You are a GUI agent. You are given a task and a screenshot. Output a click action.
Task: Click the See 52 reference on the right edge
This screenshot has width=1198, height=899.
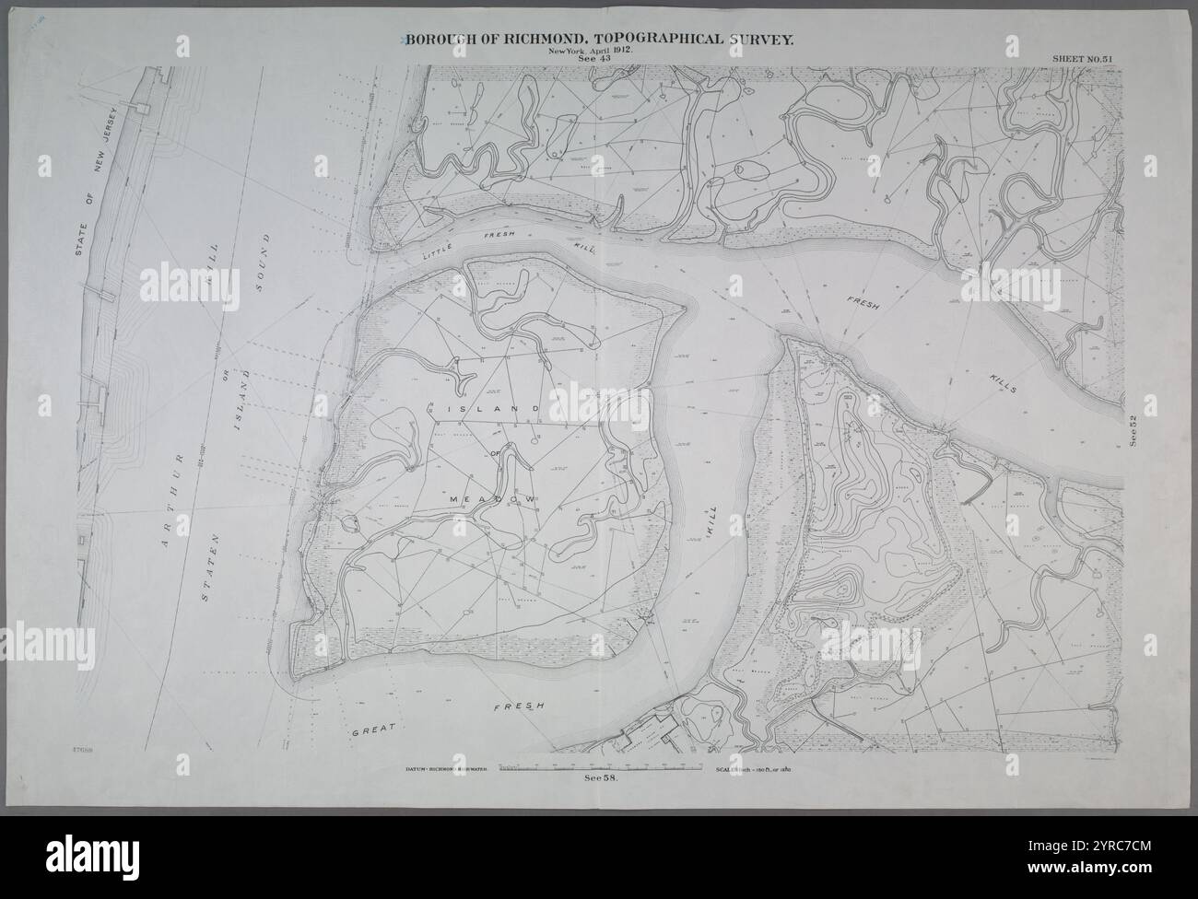(x=1134, y=431)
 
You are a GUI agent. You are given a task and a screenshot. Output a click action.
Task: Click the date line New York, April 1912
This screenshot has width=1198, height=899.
(x=590, y=50)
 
